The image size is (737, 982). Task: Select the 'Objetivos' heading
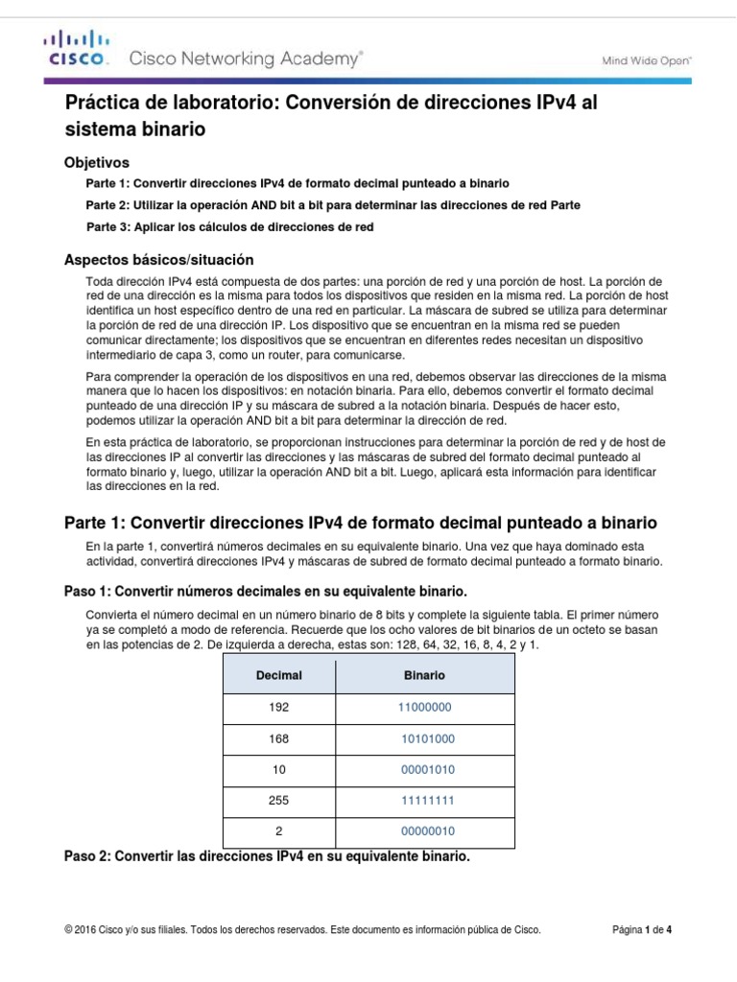click(x=96, y=162)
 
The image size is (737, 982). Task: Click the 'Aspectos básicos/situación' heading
click(x=158, y=259)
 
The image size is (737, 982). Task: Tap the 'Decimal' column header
click(x=278, y=675)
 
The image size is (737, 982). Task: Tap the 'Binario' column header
click(x=424, y=675)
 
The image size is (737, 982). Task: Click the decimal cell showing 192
click(x=278, y=707)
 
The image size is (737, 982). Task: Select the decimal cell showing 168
click(x=278, y=738)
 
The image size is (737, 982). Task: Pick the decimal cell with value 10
click(x=278, y=769)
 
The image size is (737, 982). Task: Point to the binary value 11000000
click(x=424, y=707)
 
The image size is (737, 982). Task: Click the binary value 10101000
click(x=428, y=738)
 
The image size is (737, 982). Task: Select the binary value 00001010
click(x=428, y=769)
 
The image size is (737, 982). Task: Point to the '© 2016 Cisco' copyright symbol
click(x=68, y=929)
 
